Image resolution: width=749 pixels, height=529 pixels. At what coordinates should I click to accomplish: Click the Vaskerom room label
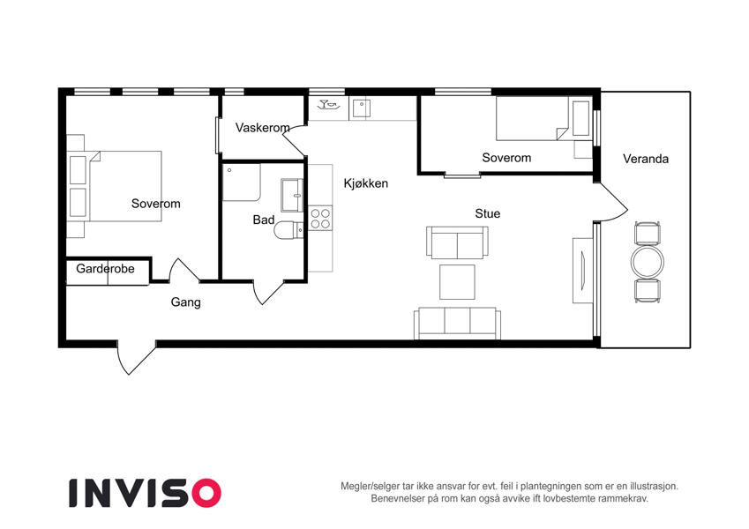coord(262,128)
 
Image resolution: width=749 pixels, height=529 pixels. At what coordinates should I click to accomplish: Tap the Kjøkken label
coord(366,183)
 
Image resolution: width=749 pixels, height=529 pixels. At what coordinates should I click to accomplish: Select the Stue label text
coord(487,213)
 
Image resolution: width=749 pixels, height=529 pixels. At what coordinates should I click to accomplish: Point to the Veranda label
coord(646,159)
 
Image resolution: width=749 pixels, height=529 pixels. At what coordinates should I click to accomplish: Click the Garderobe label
coord(105,269)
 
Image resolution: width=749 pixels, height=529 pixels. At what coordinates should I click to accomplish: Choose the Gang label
coord(185,302)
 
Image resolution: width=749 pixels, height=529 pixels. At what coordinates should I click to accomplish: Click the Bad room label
coord(263,220)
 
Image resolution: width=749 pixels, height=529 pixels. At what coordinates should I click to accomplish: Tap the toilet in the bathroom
coord(289,230)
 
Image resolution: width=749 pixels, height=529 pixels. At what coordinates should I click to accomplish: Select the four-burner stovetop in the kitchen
coord(320,218)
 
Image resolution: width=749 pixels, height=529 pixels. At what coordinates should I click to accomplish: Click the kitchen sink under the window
coord(362,108)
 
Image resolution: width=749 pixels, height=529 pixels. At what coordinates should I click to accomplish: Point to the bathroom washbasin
coord(292,195)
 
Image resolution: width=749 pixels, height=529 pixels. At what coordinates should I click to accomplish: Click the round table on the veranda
coord(648,262)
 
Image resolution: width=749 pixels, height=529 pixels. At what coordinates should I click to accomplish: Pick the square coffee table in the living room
coord(457,281)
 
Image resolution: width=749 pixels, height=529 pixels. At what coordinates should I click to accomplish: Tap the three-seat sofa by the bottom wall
coord(457,324)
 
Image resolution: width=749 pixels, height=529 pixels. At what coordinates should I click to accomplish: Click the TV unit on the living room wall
coord(582,270)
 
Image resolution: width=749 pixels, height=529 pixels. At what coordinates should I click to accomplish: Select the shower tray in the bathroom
coord(242,183)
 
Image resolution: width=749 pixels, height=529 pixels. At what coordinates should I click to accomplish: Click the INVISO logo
coord(145,493)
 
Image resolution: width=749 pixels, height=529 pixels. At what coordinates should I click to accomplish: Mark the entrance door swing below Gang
coord(136,357)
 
